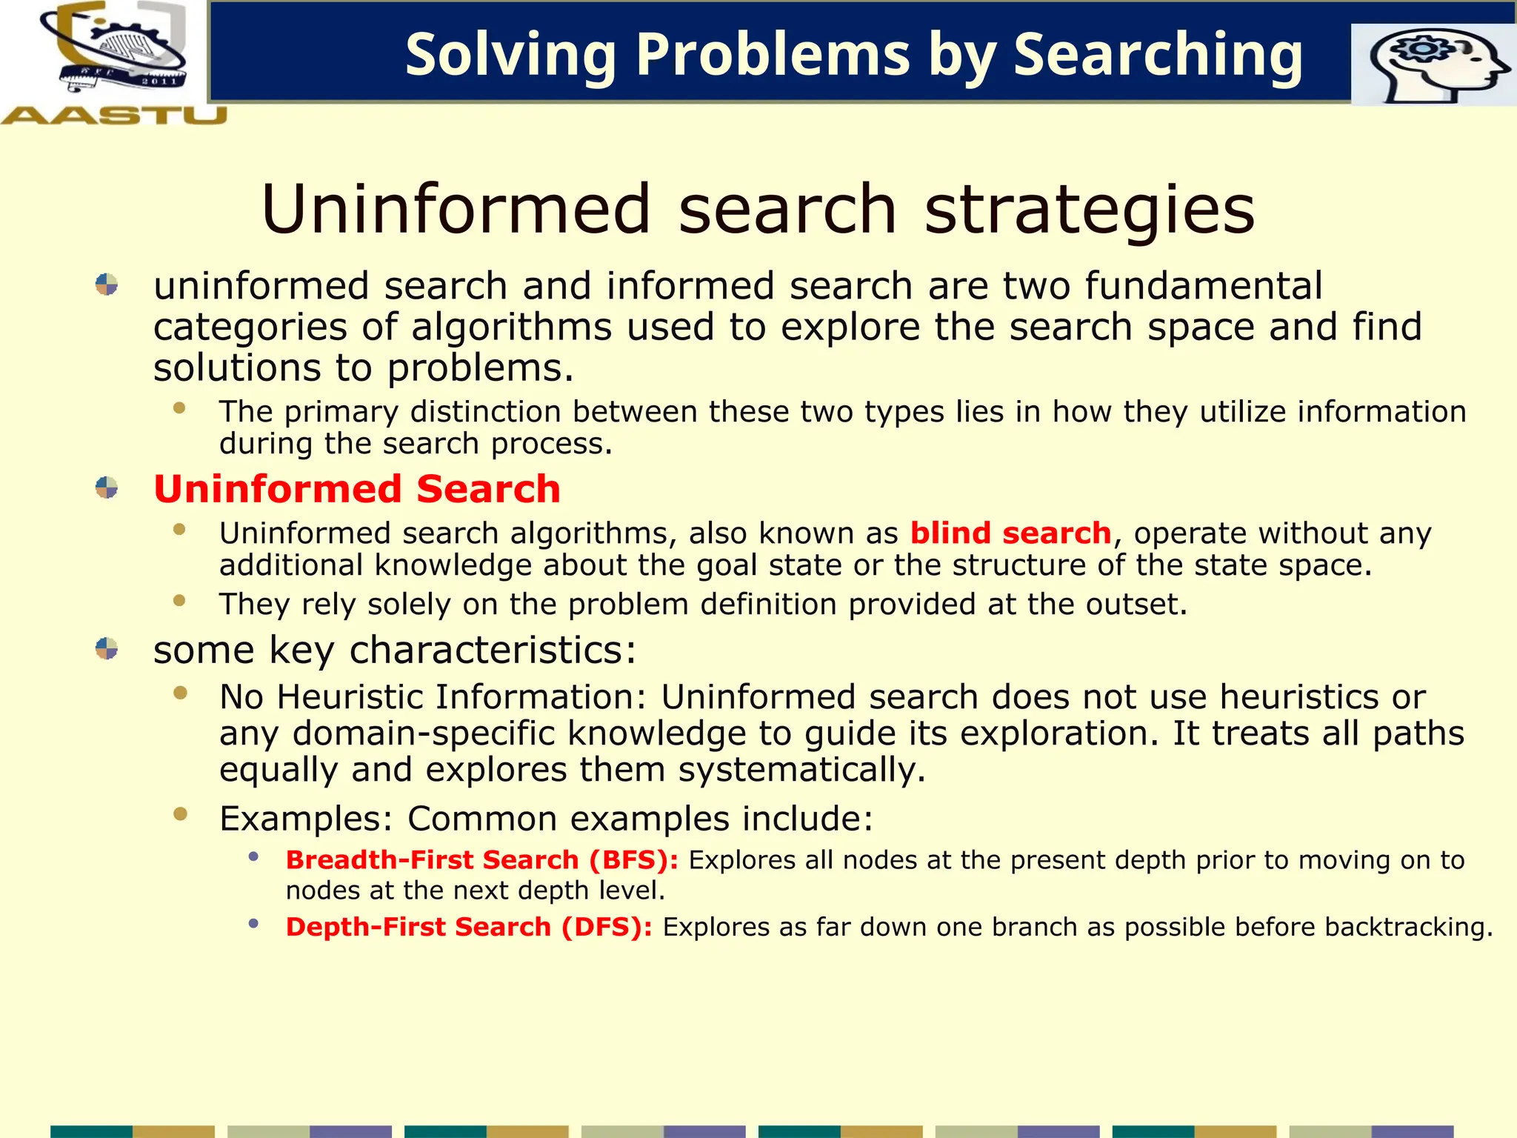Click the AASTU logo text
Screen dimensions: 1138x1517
click(114, 116)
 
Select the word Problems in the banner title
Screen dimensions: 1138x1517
click(773, 55)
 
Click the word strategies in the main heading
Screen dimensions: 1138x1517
click(1090, 210)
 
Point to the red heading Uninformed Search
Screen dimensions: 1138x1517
click(357, 489)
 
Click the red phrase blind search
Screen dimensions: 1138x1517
click(1010, 533)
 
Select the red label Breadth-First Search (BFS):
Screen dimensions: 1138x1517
click(482, 860)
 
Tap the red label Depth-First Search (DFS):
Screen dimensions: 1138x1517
click(469, 927)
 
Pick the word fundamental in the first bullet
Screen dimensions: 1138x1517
click(1204, 286)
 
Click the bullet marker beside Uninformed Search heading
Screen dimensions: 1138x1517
click(107, 488)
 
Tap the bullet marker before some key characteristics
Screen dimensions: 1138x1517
click(107, 648)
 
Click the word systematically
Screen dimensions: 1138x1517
click(802, 770)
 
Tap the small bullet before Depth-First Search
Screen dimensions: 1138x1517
click(253, 923)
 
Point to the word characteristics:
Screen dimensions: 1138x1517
click(493, 650)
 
